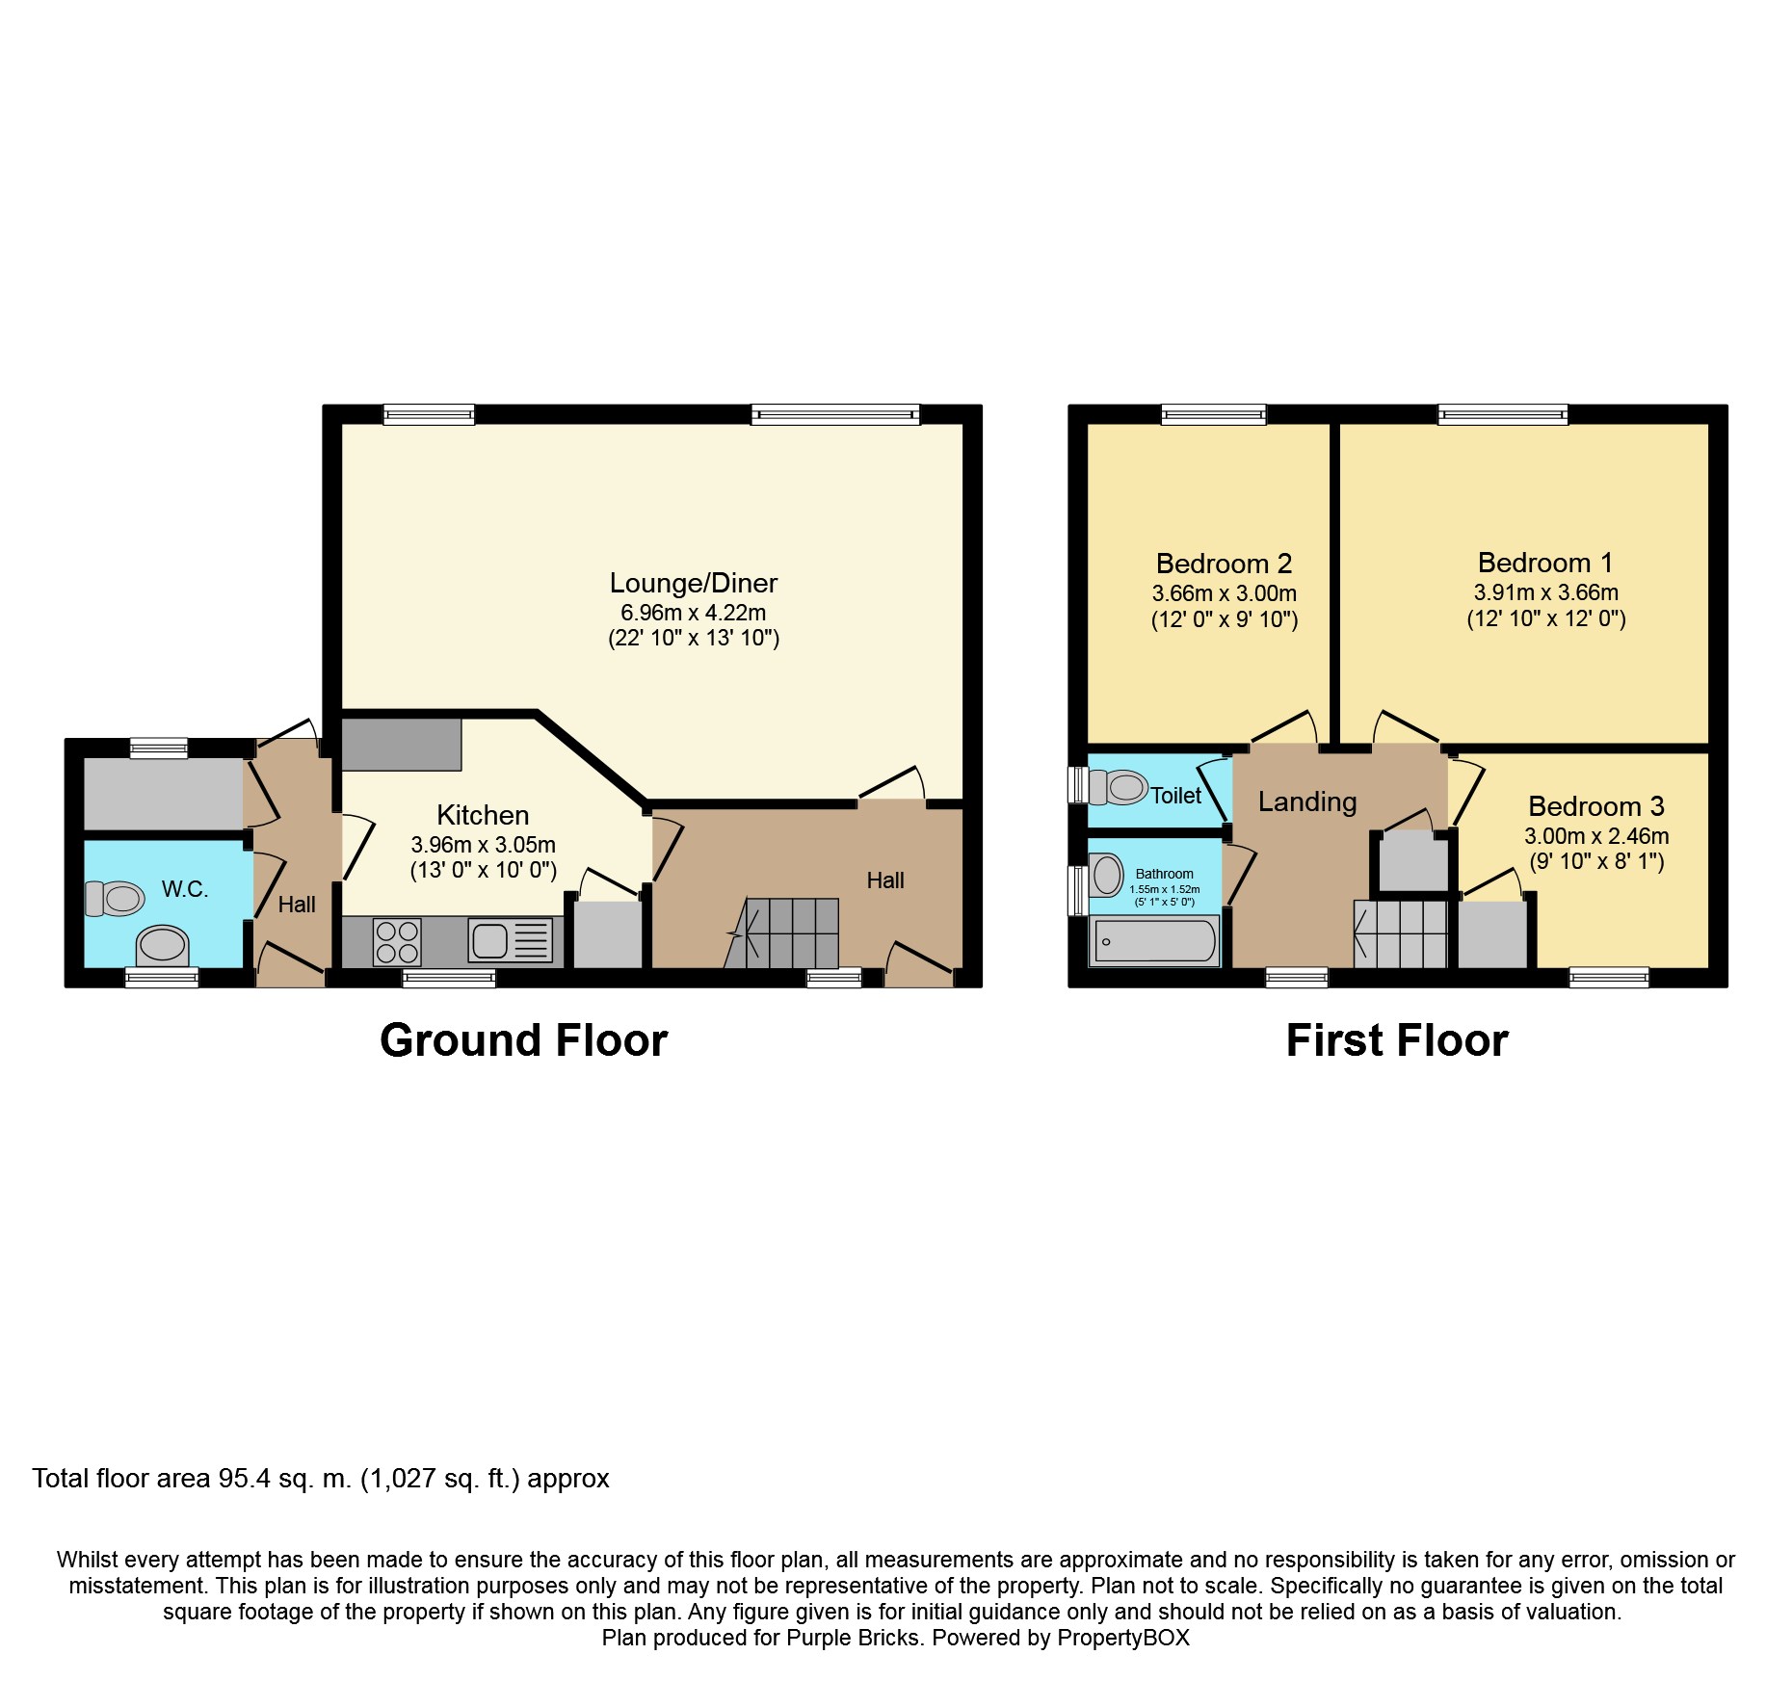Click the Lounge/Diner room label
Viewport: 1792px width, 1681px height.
click(693, 583)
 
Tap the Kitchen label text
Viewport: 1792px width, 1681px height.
click(483, 815)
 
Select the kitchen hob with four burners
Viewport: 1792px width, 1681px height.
click(397, 942)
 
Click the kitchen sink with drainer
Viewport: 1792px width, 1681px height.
click(510, 940)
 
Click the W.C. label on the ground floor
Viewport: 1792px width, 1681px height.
click(185, 888)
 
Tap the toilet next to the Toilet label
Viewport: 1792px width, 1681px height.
click(1118, 787)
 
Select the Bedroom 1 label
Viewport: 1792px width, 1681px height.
click(1545, 563)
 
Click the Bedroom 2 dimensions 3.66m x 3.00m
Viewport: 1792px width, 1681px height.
click(1225, 593)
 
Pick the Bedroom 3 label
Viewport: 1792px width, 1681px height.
click(1596, 806)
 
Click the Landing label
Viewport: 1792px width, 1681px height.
click(1307, 801)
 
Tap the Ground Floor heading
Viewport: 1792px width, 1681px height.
click(523, 1040)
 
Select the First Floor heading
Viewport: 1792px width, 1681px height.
click(1397, 1040)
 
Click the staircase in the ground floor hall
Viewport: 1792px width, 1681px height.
click(782, 932)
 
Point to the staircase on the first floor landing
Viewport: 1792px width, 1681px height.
click(1401, 933)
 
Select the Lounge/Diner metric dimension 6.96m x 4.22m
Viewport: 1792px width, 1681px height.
click(693, 613)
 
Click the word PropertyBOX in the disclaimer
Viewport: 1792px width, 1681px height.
click(1123, 1638)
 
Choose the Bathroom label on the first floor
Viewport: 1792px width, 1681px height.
click(1164, 874)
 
